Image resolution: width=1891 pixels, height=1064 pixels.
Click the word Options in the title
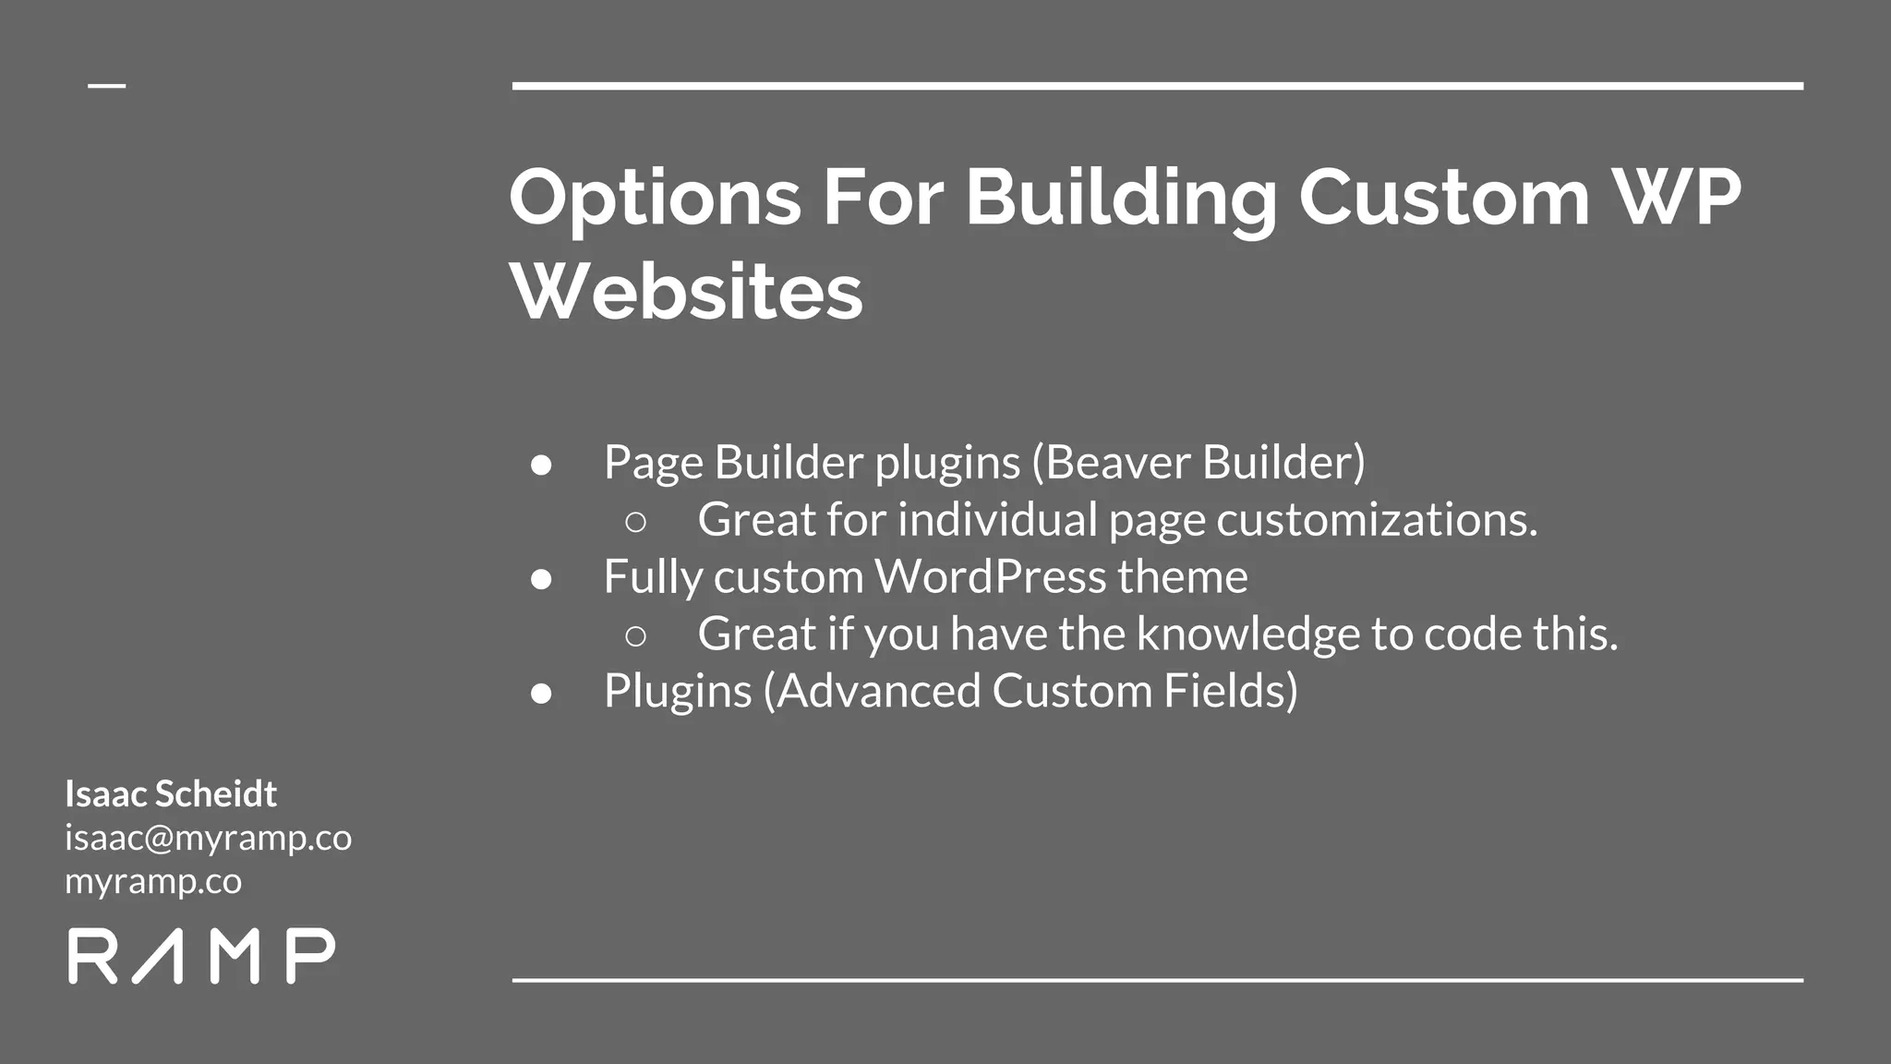[x=655, y=199]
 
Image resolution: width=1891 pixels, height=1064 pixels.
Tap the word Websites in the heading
[x=686, y=292]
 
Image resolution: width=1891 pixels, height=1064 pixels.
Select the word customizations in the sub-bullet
[x=1377, y=520]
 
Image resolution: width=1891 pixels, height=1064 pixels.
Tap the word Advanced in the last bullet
[x=879, y=691]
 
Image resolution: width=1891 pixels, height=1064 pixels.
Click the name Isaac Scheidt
[x=171, y=793]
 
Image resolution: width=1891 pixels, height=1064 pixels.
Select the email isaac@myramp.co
[x=208, y=838]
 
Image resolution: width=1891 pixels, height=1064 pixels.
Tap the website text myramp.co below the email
[x=153, y=881]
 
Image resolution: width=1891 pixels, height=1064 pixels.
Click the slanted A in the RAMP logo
[x=158, y=956]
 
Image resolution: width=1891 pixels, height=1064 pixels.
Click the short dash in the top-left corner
[x=106, y=86]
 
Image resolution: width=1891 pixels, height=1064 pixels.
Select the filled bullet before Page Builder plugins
[x=541, y=465]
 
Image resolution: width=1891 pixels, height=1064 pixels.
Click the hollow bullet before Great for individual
[x=635, y=522]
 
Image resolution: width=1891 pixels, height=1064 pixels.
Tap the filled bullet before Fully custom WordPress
[x=541, y=579]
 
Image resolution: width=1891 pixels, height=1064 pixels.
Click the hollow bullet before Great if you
[x=635, y=636]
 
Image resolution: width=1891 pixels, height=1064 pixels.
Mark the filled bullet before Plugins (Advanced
[x=541, y=694]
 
